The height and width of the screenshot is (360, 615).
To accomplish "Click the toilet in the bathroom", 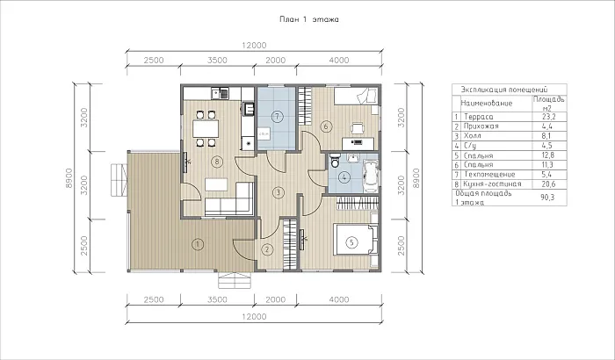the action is [x=335, y=161].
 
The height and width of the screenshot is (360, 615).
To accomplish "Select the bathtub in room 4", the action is [x=371, y=176].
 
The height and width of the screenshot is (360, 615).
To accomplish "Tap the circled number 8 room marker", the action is [x=216, y=162].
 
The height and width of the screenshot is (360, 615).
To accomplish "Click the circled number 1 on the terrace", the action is [x=198, y=244].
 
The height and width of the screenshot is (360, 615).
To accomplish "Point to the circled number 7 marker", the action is [x=277, y=116].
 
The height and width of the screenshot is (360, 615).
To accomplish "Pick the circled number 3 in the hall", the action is [x=279, y=192].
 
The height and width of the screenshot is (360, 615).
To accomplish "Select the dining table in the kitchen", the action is [x=206, y=128].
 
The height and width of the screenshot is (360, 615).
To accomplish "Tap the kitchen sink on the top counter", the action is [x=220, y=93].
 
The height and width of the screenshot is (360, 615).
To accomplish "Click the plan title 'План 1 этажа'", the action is [x=308, y=19].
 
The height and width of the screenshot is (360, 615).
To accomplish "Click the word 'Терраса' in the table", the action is [x=479, y=117].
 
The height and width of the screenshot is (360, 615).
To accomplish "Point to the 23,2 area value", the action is [x=548, y=117].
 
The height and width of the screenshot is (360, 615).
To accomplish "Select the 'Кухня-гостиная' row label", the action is [x=492, y=184].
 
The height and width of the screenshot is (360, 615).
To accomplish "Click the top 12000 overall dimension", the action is [x=254, y=46].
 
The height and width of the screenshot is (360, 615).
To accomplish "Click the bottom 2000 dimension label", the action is [x=275, y=299].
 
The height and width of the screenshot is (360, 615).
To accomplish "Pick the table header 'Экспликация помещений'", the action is [x=504, y=90].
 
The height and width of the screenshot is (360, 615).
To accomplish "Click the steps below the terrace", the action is [x=235, y=280].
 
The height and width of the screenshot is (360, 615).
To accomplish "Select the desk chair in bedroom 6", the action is [x=358, y=128].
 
